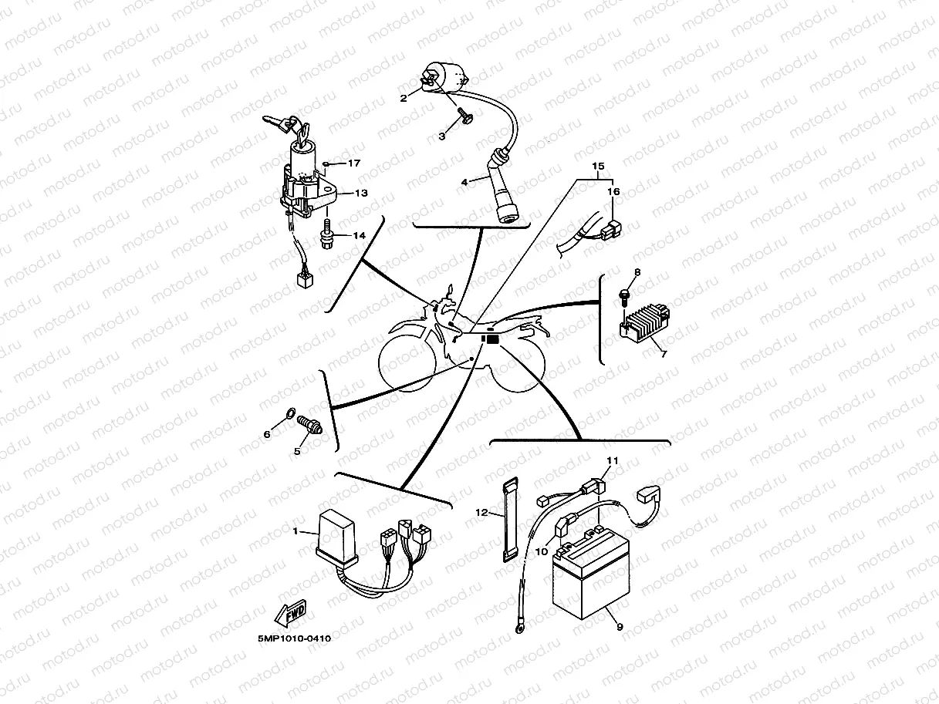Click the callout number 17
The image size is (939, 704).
click(353, 163)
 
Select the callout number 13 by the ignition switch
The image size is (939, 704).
click(361, 193)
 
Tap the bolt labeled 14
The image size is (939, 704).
click(327, 229)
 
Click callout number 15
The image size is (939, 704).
click(598, 167)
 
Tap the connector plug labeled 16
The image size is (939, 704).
click(613, 228)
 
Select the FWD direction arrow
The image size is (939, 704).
click(290, 615)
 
